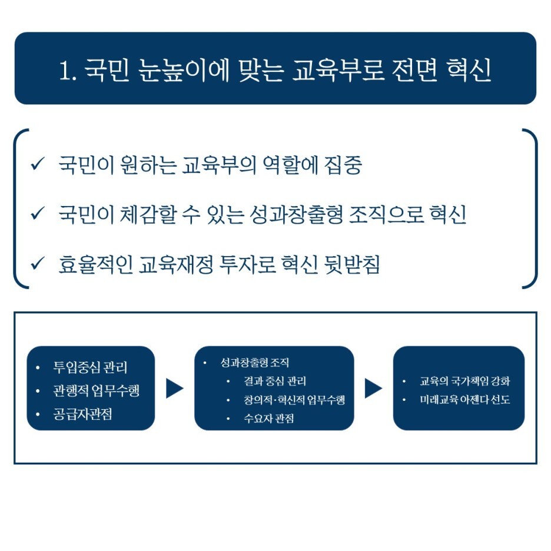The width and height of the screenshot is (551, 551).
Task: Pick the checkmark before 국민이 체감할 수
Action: (x=37, y=214)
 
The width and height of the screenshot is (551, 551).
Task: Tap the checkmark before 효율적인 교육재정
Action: (x=37, y=264)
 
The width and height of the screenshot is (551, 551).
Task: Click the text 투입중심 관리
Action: (x=90, y=367)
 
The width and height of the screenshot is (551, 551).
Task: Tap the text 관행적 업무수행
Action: (x=96, y=391)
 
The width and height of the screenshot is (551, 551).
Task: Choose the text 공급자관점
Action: (x=82, y=414)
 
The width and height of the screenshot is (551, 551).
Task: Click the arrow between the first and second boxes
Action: (x=174, y=388)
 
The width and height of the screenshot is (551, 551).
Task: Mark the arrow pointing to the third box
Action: (x=373, y=388)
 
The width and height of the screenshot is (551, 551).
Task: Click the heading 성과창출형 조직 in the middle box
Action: (x=254, y=363)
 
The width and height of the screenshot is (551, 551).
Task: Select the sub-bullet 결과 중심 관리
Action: (x=274, y=381)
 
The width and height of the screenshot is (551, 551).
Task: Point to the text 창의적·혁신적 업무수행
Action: (x=294, y=400)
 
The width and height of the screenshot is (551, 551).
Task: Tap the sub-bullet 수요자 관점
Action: (x=268, y=419)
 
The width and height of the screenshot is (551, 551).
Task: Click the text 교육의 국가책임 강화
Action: (x=464, y=381)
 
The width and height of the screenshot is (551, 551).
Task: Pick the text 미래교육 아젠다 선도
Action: (x=464, y=400)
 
